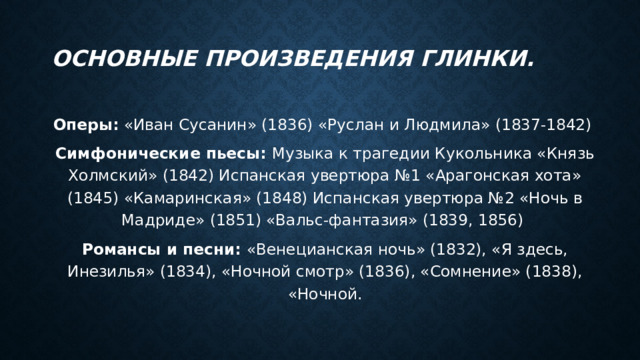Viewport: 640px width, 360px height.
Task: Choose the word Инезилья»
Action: click(111, 271)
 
